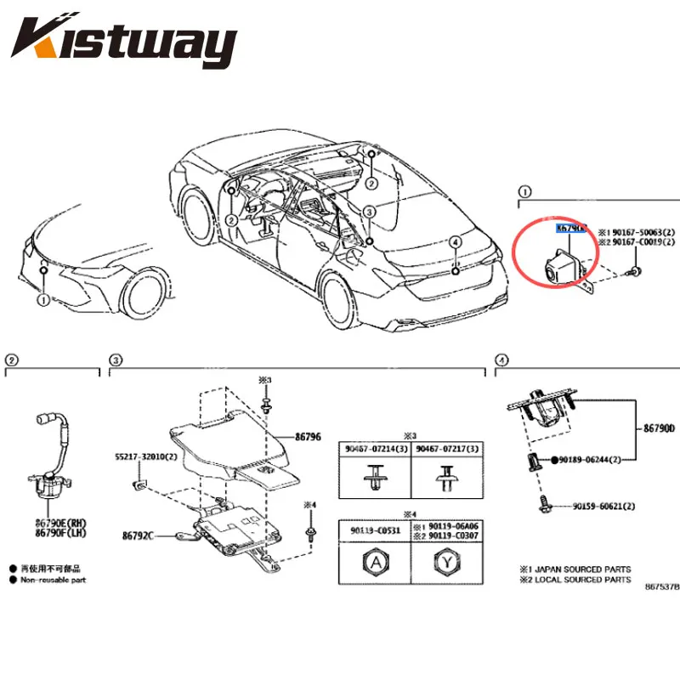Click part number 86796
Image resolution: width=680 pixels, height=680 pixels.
point(308,436)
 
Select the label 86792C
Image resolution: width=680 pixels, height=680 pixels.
point(138,536)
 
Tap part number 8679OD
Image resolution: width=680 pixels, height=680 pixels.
point(659,429)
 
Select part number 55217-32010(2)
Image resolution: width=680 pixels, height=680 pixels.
point(145,456)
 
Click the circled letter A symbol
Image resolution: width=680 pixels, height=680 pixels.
point(375,562)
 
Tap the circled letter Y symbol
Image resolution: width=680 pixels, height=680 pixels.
point(446,562)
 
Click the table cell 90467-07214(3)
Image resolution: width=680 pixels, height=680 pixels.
point(375,450)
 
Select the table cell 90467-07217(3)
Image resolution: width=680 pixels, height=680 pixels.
point(446,450)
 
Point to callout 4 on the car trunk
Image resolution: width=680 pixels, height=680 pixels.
point(455,242)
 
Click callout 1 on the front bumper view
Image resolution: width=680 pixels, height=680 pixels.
point(42,299)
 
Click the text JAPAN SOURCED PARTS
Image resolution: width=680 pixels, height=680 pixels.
point(586,569)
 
